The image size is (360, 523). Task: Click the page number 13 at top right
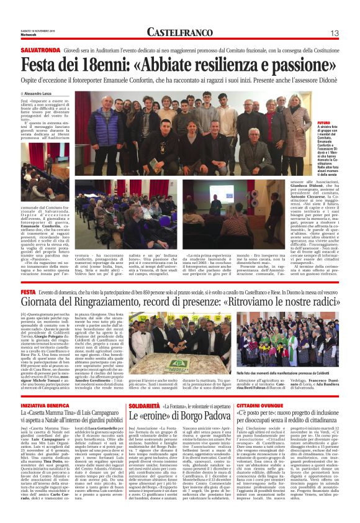334,33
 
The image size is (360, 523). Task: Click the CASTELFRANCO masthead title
180,32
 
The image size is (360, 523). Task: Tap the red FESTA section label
27,291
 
